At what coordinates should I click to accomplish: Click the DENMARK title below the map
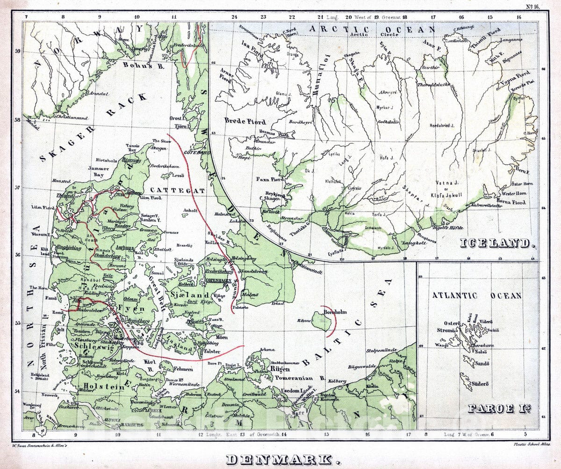click(283, 459)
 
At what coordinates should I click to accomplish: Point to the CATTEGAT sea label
click(178, 191)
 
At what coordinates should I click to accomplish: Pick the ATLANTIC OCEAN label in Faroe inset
click(476, 296)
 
